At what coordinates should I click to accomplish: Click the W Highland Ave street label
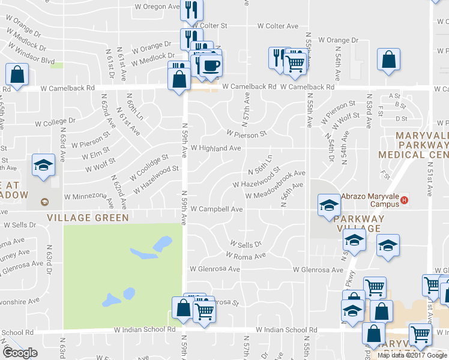coord(215,148)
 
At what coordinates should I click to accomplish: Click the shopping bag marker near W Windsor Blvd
coord(17,74)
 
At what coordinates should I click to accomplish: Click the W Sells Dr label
coord(246,244)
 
